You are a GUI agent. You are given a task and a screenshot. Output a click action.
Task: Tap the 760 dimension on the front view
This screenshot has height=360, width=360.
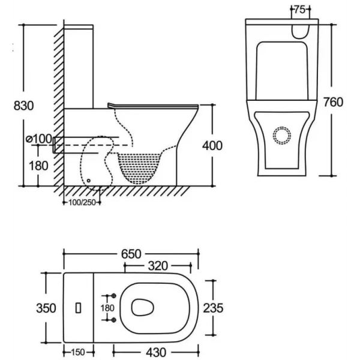[x=333, y=102]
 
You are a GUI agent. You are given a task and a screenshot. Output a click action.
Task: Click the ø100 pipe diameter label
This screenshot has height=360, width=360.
[x=39, y=139]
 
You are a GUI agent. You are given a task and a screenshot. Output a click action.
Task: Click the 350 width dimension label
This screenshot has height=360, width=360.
[x=46, y=308]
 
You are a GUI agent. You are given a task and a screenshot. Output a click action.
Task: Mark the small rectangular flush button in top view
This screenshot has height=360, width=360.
[x=77, y=308]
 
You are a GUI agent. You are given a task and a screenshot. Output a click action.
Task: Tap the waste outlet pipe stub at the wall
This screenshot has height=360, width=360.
[x=58, y=145]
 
